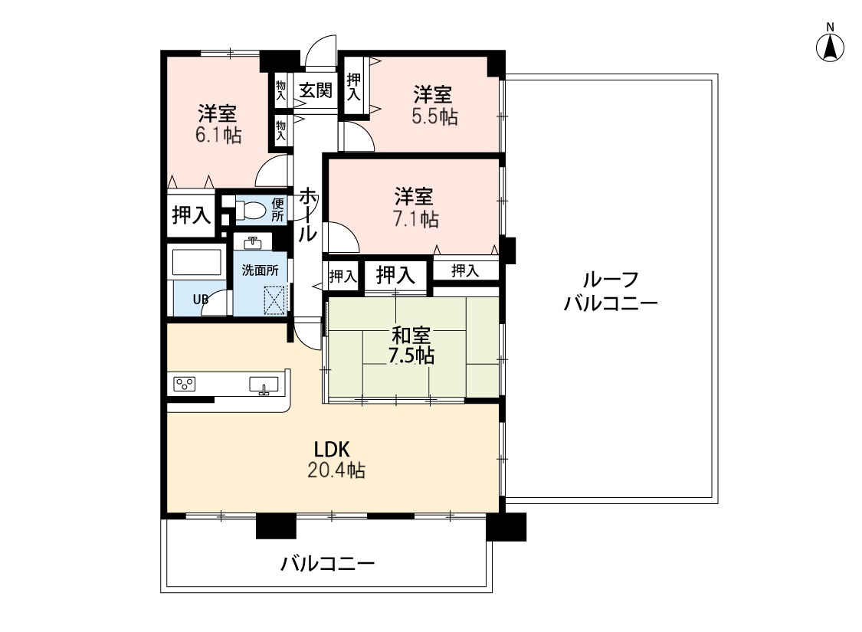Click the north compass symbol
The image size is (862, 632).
pyautogui.click(x=830, y=46)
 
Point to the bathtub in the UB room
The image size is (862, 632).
pyautogui.click(x=197, y=263)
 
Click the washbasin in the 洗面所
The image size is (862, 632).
pyautogui.click(x=253, y=243)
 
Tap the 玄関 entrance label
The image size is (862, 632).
pyautogui.click(x=315, y=90)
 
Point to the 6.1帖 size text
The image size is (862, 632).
pyautogui.click(x=218, y=136)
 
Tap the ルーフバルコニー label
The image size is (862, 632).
pyautogui.click(x=611, y=291)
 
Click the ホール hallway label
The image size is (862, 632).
pyautogui.click(x=306, y=214)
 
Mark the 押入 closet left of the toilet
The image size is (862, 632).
pyautogui.click(x=191, y=215)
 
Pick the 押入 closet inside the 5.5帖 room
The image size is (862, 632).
pyautogui.click(x=353, y=86)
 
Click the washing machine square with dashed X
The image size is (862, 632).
pyautogui.click(x=275, y=300)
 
